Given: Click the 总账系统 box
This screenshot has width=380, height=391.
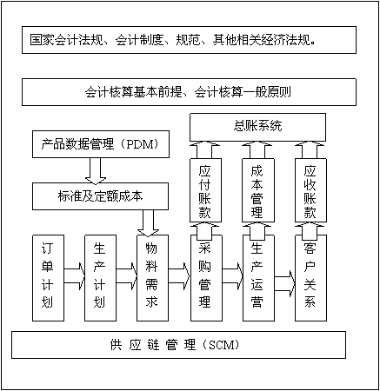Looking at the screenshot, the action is pos(257,127).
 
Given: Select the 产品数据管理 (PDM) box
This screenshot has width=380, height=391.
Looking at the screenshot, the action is pos(101,144).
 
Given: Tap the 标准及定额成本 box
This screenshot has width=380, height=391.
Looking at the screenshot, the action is pos(100,196).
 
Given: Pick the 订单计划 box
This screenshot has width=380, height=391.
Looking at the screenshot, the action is pos(48,278).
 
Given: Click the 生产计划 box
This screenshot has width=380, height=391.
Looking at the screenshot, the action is pos(100,278).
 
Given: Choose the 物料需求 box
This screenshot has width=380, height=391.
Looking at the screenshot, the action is pos(152,278).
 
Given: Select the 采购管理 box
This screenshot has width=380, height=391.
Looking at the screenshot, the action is pos(206,278).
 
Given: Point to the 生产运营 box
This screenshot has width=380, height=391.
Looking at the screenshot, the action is pos(258,278).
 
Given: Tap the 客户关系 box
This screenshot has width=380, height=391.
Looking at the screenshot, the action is pos(310,278).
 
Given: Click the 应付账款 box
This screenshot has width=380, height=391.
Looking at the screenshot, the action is pos(205,190).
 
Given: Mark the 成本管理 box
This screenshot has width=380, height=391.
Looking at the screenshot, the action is pos(258,190).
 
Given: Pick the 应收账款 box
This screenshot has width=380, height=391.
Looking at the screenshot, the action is pos(310,190).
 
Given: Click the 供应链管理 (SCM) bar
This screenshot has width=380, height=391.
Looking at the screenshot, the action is pos(178,345).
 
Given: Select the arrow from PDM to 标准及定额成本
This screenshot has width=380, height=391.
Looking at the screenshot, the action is pos(96,170).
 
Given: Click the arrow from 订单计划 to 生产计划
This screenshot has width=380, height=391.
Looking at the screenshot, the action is pos(74,275).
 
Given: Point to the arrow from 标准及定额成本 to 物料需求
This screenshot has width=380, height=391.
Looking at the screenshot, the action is pos(148,223).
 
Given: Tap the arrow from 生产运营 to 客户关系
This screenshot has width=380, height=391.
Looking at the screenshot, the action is pos(284,283).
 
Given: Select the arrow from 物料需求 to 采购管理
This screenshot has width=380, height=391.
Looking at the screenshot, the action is pos(179,275).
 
